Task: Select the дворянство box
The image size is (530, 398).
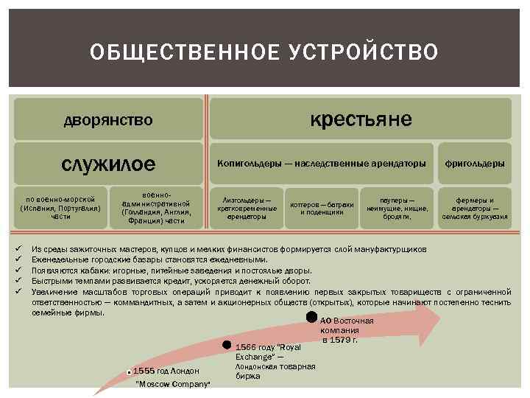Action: point(107,119)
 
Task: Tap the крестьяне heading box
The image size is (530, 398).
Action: point(360,119)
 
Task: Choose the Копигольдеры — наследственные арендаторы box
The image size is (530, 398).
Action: point(321,162)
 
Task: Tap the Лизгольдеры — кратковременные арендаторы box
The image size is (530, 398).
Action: point(246,209)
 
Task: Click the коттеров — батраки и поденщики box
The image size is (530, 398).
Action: point(322,209)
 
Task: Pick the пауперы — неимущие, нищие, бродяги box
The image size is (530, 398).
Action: point(396,209)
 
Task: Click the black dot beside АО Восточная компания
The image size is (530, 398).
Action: point(312,318)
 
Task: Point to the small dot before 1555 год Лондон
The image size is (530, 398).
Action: point(130,371)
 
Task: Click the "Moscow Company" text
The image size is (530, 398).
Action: point(174,385)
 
